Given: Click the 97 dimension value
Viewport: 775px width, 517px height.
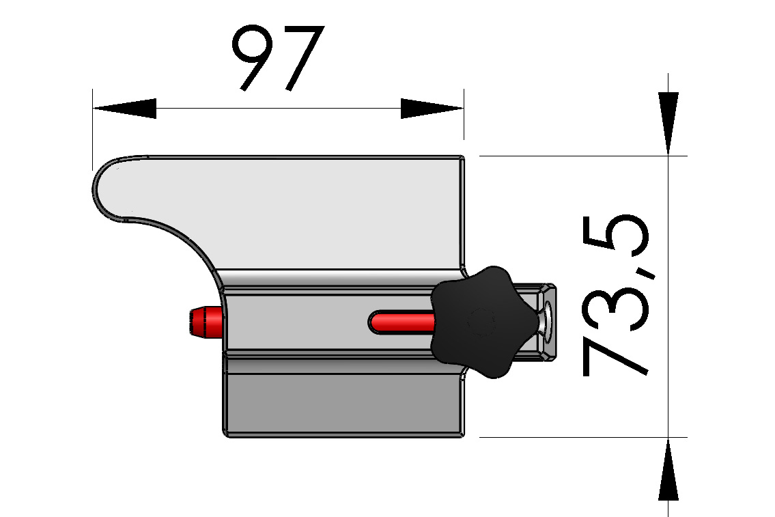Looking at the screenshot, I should click(x=277, y=59).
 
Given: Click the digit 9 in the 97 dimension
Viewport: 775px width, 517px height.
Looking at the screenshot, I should click(x=251, y=59).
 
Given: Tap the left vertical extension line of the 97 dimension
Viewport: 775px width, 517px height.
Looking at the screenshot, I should click(x=92, y=130).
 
